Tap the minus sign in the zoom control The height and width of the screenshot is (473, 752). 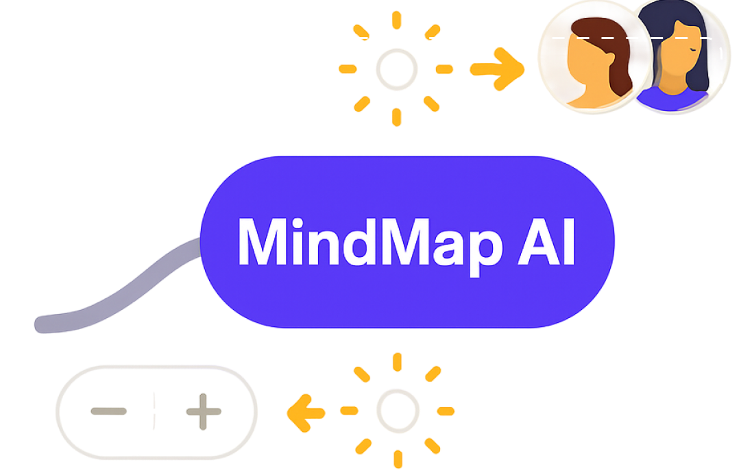pyautogui.click(x=108, y=411)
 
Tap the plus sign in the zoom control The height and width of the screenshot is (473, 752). pyautogui.click(x=204, y=412)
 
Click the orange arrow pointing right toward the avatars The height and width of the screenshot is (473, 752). pyautogui.click(x=498, y=69)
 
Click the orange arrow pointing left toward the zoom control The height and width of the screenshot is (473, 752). pyautogui.click(x=306, y=411)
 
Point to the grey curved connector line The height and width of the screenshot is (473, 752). pyautogui.click(x=137, y=284)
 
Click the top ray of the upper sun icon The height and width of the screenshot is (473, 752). pyautogui.click(x=396, y=21)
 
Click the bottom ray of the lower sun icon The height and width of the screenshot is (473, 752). pyautogui.click(x=397, y=459)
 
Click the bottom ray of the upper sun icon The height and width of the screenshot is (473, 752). pyautogui.click(x=396, y=117)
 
